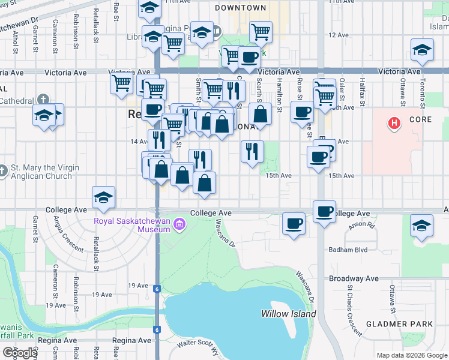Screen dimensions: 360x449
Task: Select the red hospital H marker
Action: click(x=394, y=124)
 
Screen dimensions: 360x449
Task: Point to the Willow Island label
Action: click(x=288, y=314)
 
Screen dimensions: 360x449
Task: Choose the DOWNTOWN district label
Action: click(x=240, y=8)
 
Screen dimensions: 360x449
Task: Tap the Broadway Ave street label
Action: click(x=354, y=279)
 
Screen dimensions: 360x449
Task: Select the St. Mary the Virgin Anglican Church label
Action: click(x=40, y=172)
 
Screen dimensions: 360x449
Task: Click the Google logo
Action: click(x=19, y=353)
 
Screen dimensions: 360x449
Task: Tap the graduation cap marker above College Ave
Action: click(x=103, y=196)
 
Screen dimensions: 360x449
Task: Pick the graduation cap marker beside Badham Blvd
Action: click(x=422, y=226)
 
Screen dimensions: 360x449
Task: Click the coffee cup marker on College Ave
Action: click(x=324, y=211)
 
